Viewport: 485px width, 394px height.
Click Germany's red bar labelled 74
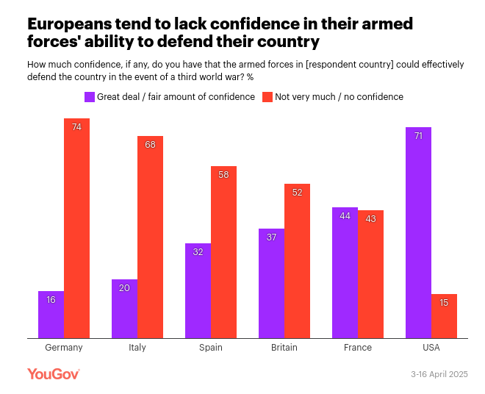point(76,228)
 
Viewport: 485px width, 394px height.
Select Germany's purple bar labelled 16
point(51,315)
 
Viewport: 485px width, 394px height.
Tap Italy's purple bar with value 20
point(124,309)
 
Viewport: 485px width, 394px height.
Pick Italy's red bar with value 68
point(150,237)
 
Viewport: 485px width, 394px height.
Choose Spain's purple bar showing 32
point(198,290)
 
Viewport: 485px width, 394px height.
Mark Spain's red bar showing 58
point(223,252)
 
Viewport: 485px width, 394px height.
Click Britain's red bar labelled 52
point(297,261)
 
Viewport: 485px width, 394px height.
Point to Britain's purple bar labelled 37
point(271,283)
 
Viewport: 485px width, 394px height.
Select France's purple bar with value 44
point(345,273)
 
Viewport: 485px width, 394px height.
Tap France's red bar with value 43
point(370,274)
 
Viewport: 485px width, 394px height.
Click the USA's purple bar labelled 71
point(418,232)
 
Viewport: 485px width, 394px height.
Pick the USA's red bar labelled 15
point(444,316)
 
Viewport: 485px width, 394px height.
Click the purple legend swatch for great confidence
point(90,96)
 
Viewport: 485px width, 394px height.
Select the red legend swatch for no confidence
point(268,96)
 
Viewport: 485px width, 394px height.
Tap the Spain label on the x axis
point(210,348)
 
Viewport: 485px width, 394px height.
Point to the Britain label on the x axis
point(284,348)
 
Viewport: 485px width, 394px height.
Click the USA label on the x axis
point(431,348)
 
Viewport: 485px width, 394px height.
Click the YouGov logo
point(53,374)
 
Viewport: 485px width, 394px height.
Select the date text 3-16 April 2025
point(439,375)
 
